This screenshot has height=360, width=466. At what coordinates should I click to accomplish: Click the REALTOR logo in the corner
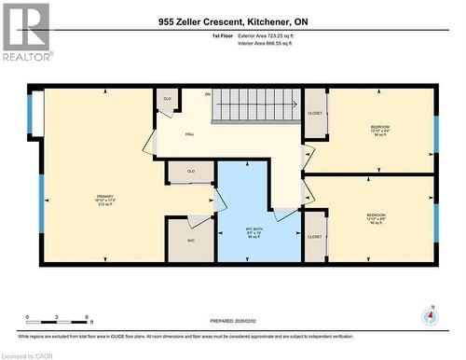pyautogui.click(x=26, y=33)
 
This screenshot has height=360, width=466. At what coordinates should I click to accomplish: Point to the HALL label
pyautogui.click(x=189, y=134)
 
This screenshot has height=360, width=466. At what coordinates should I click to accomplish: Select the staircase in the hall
pyautogui.click(x=257, y=105)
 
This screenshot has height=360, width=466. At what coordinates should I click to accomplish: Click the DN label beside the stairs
pyautogui.click(x=209, y=94)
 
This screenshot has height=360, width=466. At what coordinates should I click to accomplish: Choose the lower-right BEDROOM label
pyautogui.click(x=378, y=218)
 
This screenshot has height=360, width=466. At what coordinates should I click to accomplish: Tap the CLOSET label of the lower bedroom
pyautogui.click(x=314, y=237)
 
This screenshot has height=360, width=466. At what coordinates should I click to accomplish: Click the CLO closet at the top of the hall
pyautogui.click(x=168, y=99)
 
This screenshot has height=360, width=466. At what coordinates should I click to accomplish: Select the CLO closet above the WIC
pyautogui.click(x=190, y=172)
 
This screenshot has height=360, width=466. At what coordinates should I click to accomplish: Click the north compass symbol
pyautogui.click(x=429, y=315)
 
